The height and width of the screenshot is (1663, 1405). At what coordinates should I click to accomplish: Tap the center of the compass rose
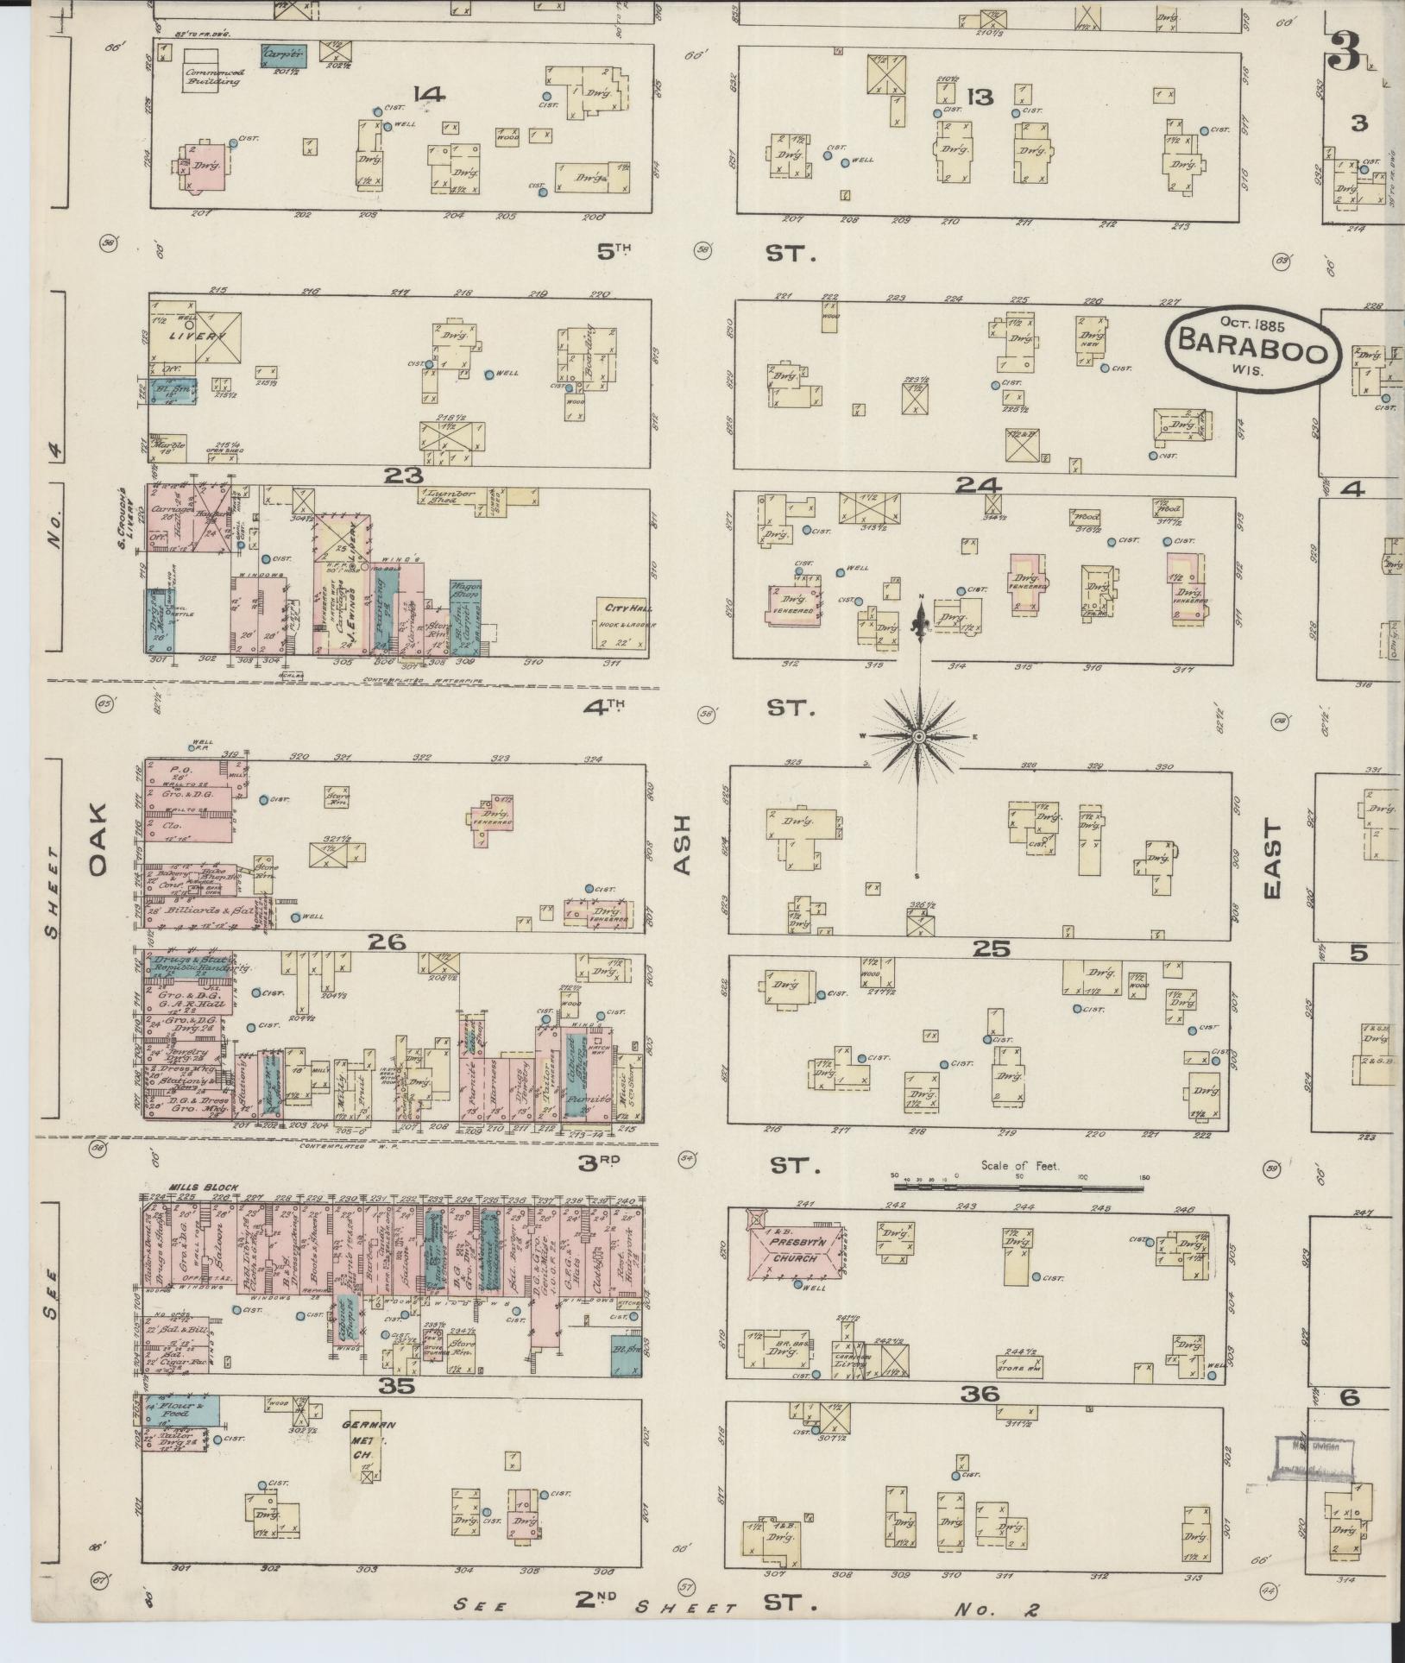pyautogui.click(x=919, y=736)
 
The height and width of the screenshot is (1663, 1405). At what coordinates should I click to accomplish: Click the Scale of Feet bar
pyautogui.click(x=1018, y=1187)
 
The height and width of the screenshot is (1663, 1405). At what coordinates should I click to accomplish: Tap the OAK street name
pyautogui.click(x=97, y=840)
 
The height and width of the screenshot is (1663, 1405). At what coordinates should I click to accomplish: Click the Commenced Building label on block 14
pyautogui.click(x=213, y=77)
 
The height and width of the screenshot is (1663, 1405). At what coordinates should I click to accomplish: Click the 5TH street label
pyautogui.click(x=614, y=252)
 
